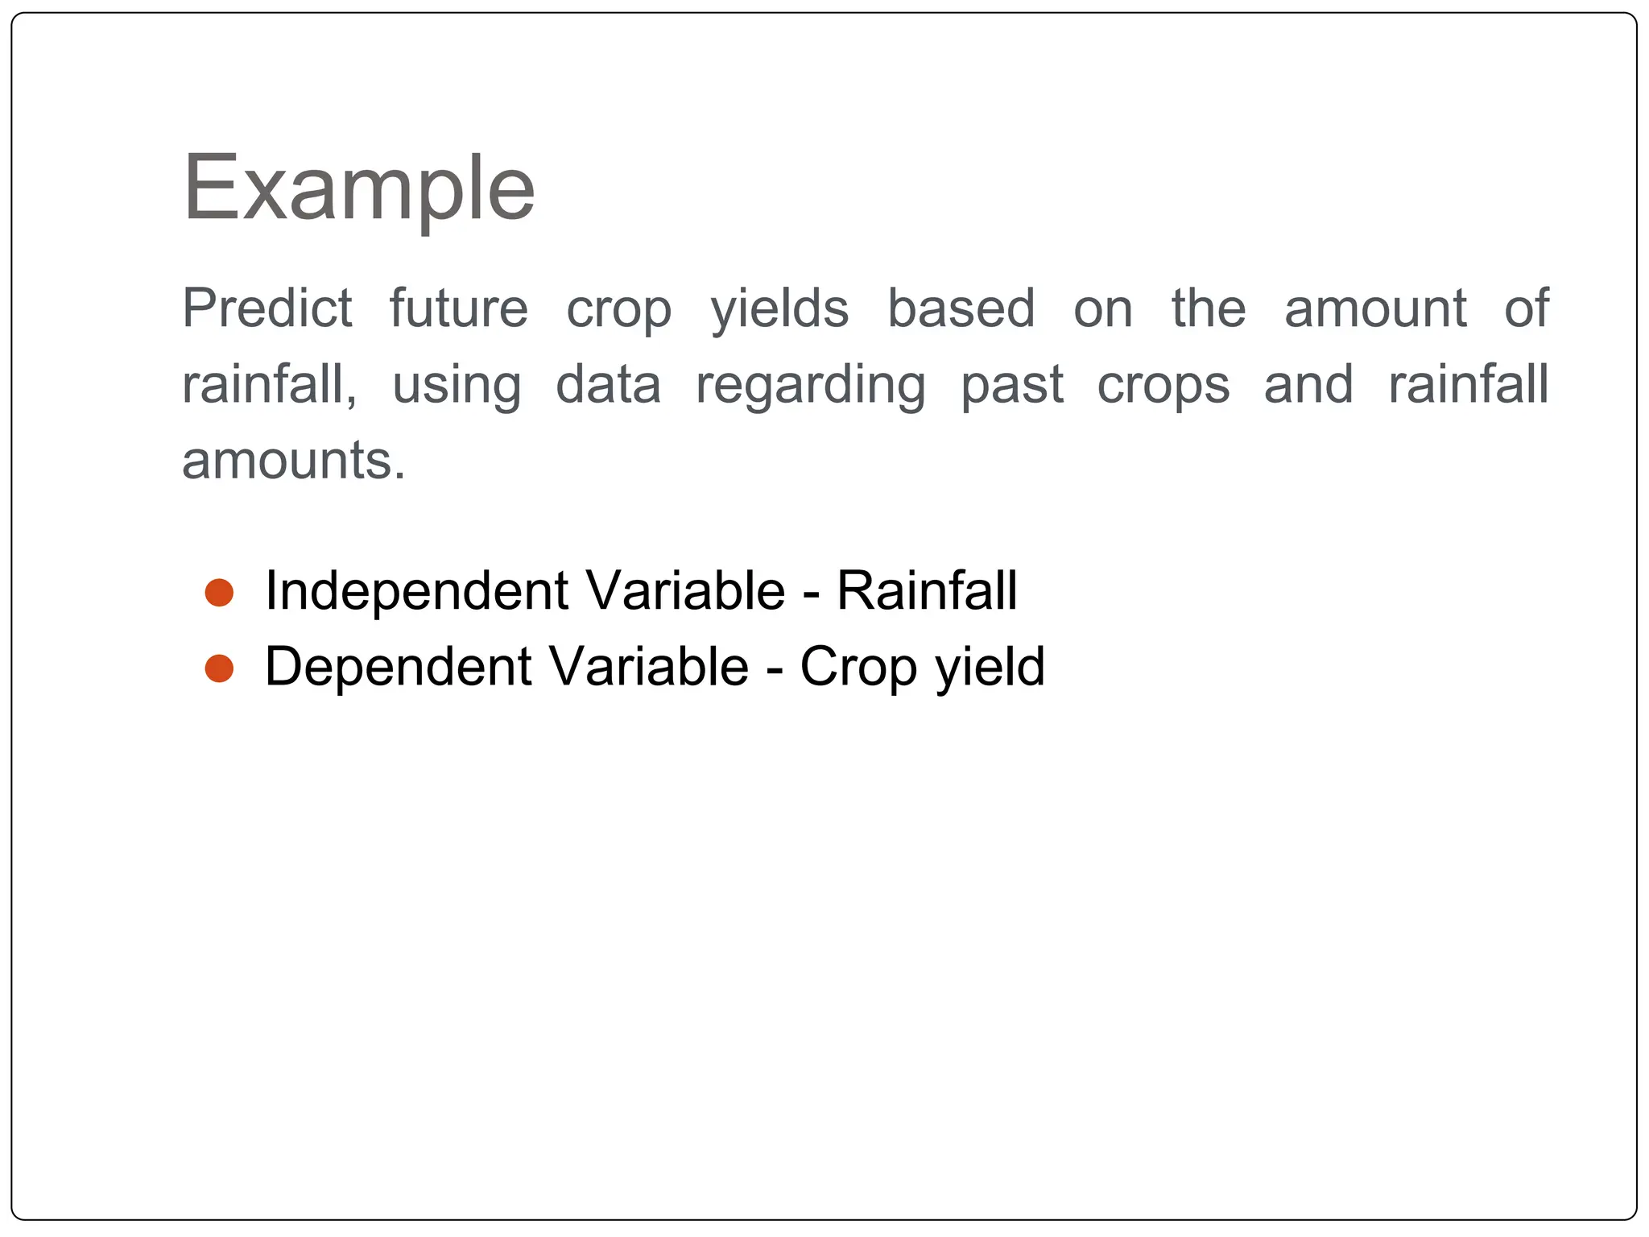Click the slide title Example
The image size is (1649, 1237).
click(x=359, y=189)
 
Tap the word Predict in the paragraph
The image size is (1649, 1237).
click(x=267, y=308)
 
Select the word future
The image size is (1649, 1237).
click(x=459, y=308)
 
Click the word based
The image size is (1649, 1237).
click(x=961, y=308)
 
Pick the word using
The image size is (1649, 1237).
click(x=457, y=386)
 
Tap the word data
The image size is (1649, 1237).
click(x=609, y=385)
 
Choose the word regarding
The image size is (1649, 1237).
click(x=811, y=386)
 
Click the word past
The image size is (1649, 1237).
click(x=1012, y=386)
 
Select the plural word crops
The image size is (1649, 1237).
click(x=1163, y=386)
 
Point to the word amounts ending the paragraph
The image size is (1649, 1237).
click(x=294, y=461)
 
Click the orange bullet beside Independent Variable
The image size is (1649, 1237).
click(x=219, y=593)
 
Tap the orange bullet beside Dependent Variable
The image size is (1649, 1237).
click(x=219, y=668)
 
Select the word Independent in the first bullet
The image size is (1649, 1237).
click(x=416, y=592)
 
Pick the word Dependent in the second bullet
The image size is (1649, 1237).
click(x=398, y=668)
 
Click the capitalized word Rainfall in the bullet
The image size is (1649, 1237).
click(x=927, y=591)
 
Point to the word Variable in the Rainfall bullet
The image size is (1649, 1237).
click(x=685, y=591)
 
